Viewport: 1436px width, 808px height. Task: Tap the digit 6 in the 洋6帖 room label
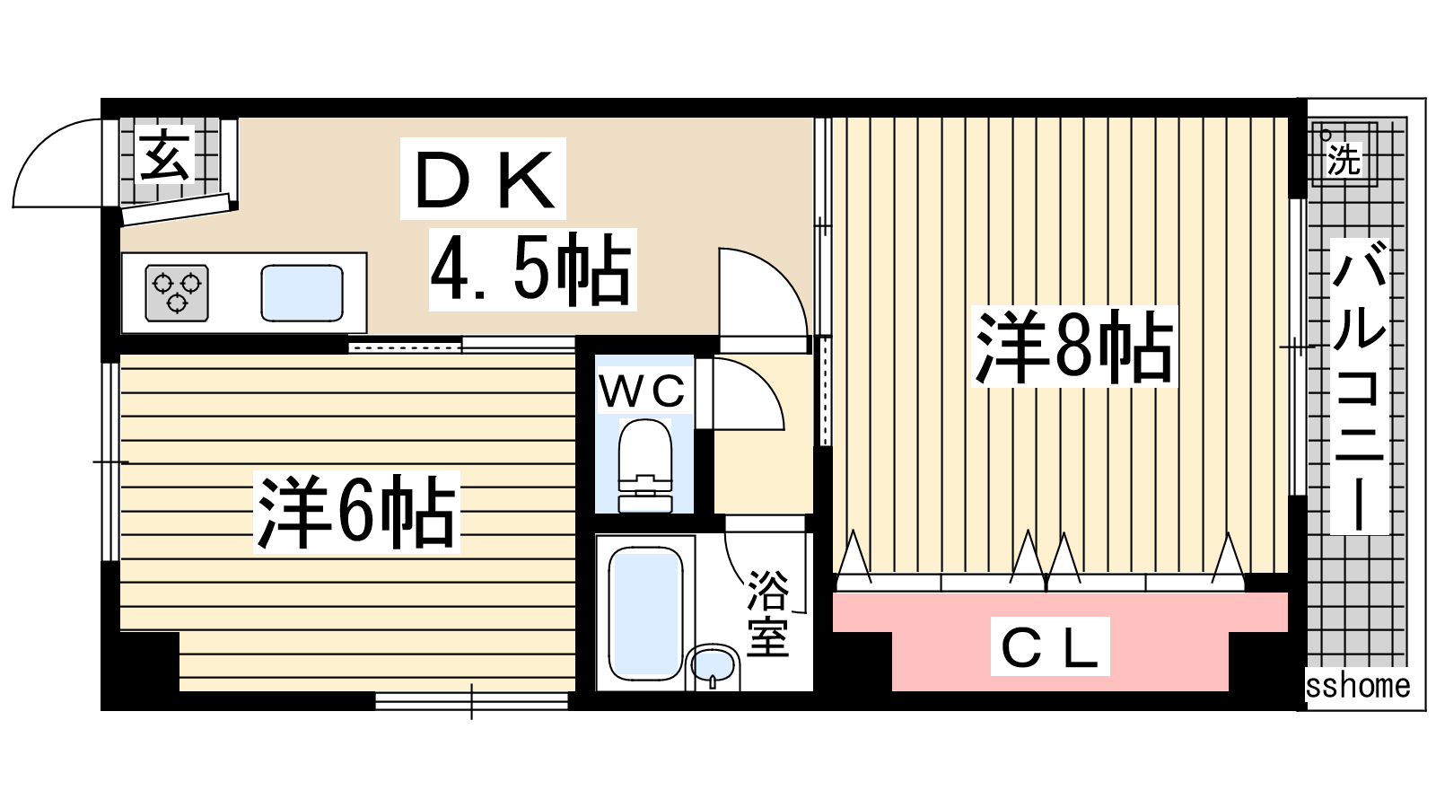click(354, 512)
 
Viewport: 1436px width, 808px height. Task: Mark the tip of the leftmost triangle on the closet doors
click(854, 531)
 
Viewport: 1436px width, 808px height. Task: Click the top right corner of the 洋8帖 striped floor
click(1288, 118)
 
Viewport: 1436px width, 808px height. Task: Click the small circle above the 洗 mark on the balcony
click(1325, 135)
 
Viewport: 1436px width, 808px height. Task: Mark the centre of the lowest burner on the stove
click(177, 302)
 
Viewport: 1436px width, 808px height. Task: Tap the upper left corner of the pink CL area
click(834, 593)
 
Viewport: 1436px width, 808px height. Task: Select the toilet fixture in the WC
click(645, 466)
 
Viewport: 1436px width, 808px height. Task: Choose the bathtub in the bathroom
click(645, 613)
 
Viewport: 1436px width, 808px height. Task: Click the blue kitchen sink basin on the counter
click(302, 293)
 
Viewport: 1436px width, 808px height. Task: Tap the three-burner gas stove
click(177, 293)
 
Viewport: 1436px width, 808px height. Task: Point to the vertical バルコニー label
click(1359, 387)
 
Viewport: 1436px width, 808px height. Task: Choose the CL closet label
click(1049, 646)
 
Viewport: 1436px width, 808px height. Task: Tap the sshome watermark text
click(1358, 686)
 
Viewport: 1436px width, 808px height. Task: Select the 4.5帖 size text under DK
click(532, 270)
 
